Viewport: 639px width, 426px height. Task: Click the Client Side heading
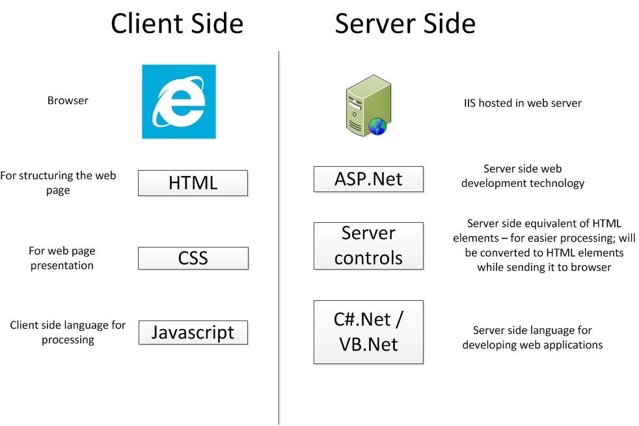(x=177, y=24)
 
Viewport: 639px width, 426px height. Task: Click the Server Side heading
(x=405, y=24)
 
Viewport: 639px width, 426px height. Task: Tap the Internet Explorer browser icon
(x=179, y=101)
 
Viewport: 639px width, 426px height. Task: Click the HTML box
(x=193, y=183)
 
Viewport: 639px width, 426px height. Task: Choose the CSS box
(x=193, y=258)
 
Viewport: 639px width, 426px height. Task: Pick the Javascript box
(x=193, y=332)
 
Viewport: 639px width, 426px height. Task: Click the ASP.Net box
(x=368, y=179)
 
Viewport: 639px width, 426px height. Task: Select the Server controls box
(x=368, y=246)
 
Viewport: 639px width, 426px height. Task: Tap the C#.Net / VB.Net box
(x=368, y=332)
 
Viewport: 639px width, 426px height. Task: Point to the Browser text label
(x=68, y=101)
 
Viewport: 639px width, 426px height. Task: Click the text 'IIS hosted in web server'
(x=522, y=103)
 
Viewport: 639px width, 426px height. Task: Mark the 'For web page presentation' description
(x=61, y=258)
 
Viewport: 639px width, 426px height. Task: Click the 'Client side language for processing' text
(x=68, y=332)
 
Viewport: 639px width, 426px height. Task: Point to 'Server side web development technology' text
(x=523, y=176)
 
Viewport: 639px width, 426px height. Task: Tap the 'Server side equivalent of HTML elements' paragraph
(x=544, y=245)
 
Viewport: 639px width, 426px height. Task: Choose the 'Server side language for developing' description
(x=532, y=337)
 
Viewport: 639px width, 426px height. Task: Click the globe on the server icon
(x=377, y=126)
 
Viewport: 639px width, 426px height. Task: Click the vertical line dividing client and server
(x=279, y=261)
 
